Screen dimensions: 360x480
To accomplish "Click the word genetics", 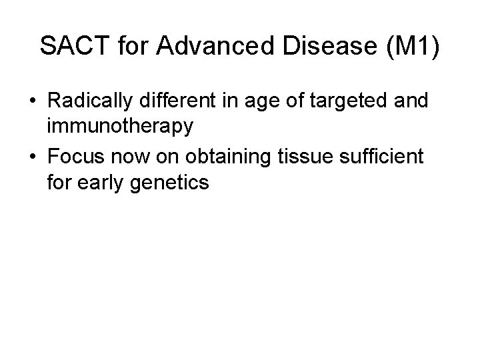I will [170, 181].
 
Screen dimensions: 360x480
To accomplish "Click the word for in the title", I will [135, 47].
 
